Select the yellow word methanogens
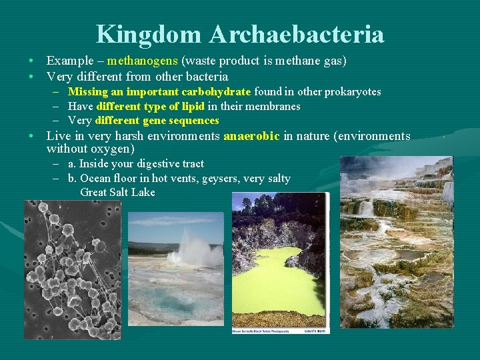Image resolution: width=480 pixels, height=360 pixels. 142,61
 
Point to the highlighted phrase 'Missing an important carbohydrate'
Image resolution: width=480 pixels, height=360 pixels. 159,92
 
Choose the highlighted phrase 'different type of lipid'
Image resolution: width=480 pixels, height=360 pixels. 150,107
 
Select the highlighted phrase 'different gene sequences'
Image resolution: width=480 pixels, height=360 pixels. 157,121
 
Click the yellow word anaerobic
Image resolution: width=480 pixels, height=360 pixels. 252,136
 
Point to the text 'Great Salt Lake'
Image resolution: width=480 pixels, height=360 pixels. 117,193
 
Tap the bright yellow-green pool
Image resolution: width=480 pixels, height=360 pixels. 280,280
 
